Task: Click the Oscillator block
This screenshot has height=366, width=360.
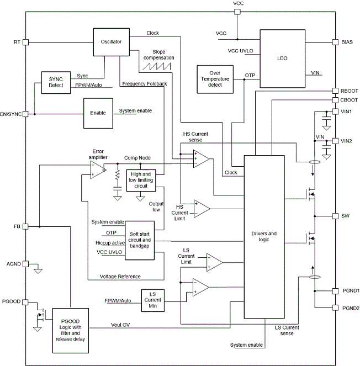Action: coord(112,42)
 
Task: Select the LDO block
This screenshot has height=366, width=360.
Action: coord(283,59)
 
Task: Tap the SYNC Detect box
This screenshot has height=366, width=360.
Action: coord(56,83)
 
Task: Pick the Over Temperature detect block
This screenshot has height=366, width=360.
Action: coord(215,79)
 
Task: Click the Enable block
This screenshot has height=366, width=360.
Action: coord(98,113)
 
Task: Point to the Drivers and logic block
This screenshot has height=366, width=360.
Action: coord(264,237)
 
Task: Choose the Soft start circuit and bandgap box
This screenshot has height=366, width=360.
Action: coord(140,241)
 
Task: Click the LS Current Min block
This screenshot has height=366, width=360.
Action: coord(153,300)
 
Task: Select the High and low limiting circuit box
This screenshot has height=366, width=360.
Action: coord(141,181)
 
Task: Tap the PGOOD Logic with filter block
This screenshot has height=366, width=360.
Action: coord(71,331)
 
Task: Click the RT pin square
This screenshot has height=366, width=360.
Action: coord(25,43)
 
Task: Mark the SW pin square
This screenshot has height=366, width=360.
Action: coord(335,216)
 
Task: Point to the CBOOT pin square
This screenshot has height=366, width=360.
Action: coord(335,100)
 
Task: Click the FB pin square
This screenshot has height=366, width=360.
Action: coord(25,227)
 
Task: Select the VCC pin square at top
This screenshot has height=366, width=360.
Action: coord(237,12)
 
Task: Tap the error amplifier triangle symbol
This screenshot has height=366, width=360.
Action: coord(98,170)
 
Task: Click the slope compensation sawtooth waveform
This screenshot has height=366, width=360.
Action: coord(157,67)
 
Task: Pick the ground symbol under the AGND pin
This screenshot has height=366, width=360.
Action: coord(38,271)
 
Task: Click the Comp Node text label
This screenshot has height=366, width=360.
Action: coord(137,158)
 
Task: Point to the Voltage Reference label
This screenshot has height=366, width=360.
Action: coord(120,277)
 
